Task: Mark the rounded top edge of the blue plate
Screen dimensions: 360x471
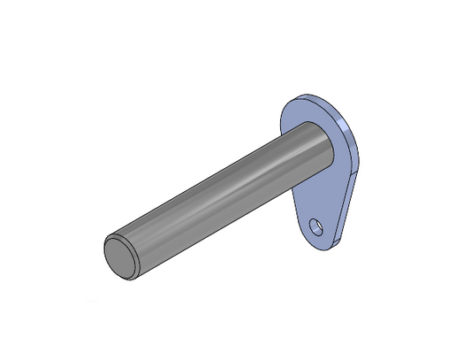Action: tap(314, 96)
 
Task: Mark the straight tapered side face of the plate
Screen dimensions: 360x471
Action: tap(346, 208)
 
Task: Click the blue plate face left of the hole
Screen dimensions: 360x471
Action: tap(305, 228)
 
